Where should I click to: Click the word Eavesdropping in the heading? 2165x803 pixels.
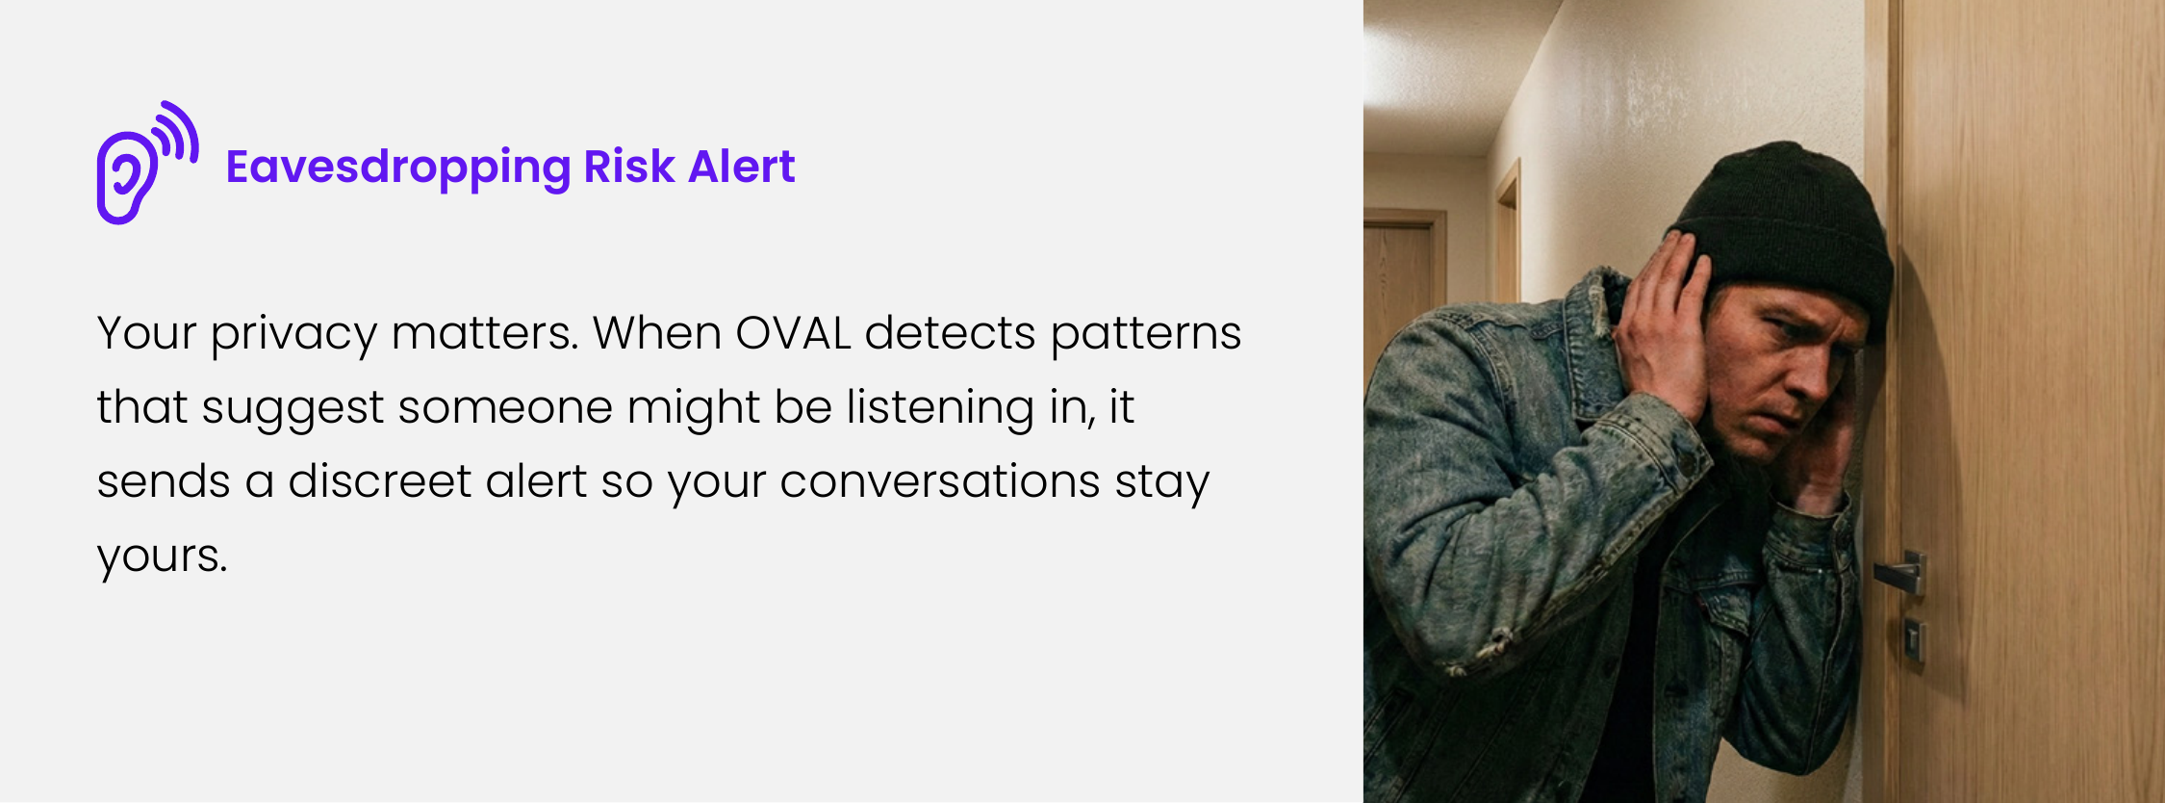(398, 168)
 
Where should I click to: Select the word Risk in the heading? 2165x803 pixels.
(629, 166)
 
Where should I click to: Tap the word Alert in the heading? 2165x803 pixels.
(742, 166)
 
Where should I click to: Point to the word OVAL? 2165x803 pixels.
(793, 333)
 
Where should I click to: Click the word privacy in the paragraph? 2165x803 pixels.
(293, 336)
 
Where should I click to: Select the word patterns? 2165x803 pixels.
(1145, 335)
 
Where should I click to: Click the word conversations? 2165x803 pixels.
(939, 480)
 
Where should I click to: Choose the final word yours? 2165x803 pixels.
(162, 557)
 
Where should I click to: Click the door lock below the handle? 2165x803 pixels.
(1914, 640)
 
